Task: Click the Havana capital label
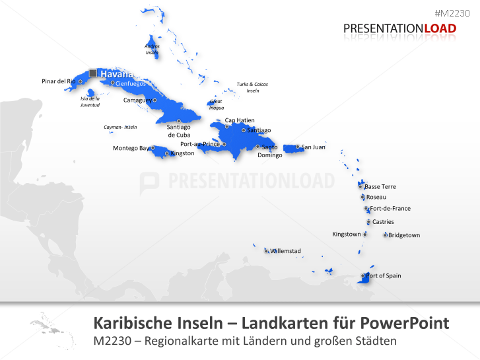click(x=116, y=74)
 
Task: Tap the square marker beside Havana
click(x=93, y=73)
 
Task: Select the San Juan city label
click(x=313, y=147)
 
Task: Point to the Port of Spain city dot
click(x=362, y=275)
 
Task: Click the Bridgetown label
click(x=404, y=235)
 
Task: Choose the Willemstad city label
click(x=285, y=251)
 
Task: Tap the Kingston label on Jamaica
click(x=183, y=153)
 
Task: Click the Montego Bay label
click(x=131, y=148)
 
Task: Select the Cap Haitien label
click(x=240, y=120)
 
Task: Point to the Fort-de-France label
click(x=390, y=208)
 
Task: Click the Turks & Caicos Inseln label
click(x=252, y=87)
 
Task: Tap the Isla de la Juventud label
click(x=90, y=102)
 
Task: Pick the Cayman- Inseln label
click(x=120, y=127)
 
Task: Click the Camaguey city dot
click(x=154, y=100)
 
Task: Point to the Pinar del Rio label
click(x=59, y=81)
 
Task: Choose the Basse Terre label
click(x=380, y=186)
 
